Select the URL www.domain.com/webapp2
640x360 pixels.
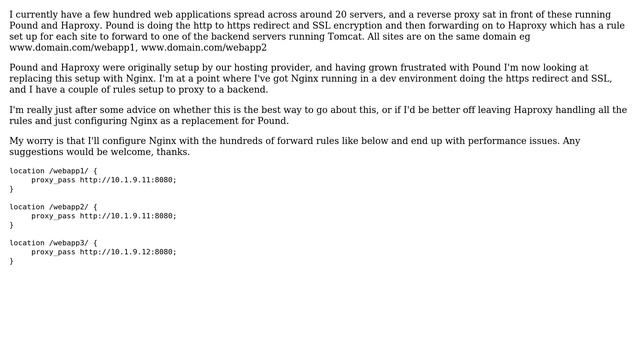click(204, 47)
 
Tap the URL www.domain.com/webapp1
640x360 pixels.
click(72, 47)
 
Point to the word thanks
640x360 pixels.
click(171, 152)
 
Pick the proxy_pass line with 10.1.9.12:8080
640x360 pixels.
click(104, 252)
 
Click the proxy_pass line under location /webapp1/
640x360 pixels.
click(104, 180)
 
